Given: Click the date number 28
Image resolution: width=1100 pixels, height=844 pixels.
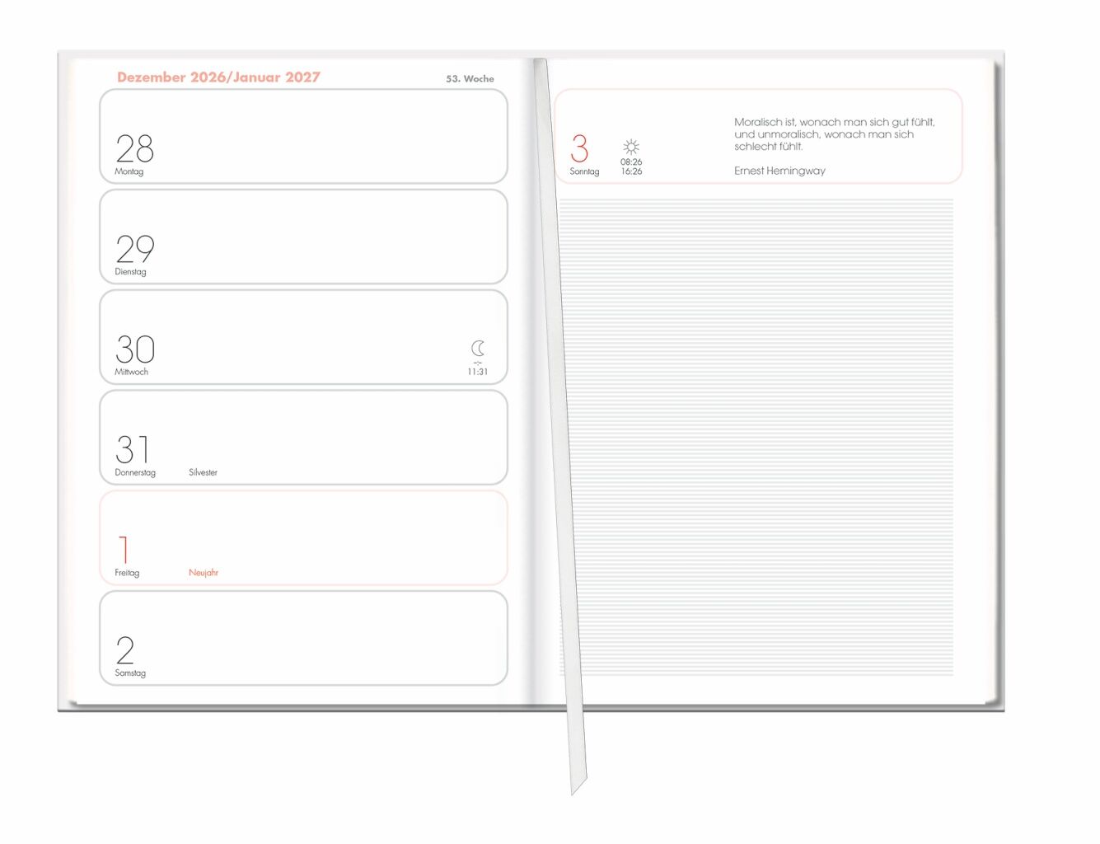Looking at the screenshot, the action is [x=134, y=148].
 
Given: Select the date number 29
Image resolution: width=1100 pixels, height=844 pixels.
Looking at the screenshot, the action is [x=134, y=249].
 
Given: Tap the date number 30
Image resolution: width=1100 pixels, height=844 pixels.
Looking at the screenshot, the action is [x=134, y=349].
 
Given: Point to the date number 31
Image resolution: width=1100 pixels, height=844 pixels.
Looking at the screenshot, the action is [x=132, y=449].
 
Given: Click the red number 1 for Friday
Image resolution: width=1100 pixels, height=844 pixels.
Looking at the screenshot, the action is [x=124, y=549].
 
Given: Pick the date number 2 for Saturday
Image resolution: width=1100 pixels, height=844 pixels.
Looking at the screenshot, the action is [x=125, y=650].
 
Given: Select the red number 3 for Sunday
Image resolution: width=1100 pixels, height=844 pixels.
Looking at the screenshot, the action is [x=579, y=148].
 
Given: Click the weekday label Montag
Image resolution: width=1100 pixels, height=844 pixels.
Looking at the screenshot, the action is [x=129, y=171].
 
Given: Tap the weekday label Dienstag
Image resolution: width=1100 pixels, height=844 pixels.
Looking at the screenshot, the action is [x=130, y=272].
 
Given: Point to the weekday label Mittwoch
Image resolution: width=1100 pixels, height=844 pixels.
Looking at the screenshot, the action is [x=131, y=372].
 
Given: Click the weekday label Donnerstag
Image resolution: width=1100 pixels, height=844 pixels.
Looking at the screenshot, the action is [x=134, y=472].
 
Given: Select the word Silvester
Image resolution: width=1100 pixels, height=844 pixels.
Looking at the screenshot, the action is [x=203, y=472].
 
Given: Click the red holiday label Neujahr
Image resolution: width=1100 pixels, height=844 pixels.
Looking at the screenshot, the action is [x=204, y=573].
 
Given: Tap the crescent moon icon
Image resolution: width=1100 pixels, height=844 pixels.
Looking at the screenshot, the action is [x=477, y=349].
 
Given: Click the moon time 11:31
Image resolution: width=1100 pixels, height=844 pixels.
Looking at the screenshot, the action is [x=477, y=372].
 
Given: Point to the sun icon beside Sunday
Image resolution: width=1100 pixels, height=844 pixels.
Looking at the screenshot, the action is [x=630, y=147].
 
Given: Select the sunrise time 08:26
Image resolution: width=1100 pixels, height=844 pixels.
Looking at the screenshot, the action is [x=631, y=162].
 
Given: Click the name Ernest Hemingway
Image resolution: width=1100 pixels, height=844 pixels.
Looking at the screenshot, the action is [x=779, y=171].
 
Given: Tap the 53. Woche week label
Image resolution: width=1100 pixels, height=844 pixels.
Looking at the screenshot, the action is [x=470, y=79].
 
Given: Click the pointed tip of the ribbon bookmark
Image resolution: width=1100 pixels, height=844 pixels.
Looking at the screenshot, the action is [x=572, y=795].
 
